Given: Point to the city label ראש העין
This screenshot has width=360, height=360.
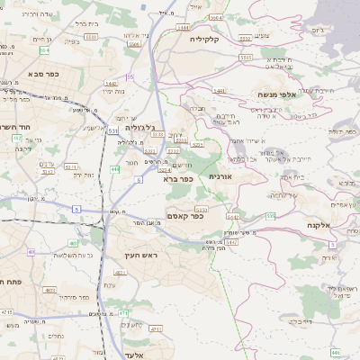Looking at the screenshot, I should click(142, 256).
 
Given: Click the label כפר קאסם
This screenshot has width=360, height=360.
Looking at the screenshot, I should click(185, 215).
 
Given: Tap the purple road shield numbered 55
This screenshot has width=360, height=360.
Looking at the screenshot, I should click(130, 77).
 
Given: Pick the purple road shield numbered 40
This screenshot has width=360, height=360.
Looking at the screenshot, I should click(31, 252).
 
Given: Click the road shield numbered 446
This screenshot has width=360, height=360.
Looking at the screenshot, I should click(335, 352).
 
